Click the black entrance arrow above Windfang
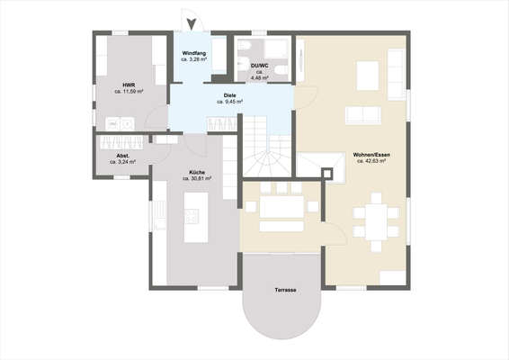click(189, 25)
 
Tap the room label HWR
click(129, 85)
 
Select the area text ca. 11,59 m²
click(129, 92)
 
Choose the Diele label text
click(230, 95)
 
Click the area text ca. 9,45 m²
click(230, 103)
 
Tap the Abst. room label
click(123, 157)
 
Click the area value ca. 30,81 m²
click(196, 178)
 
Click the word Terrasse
click(286, 291)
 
